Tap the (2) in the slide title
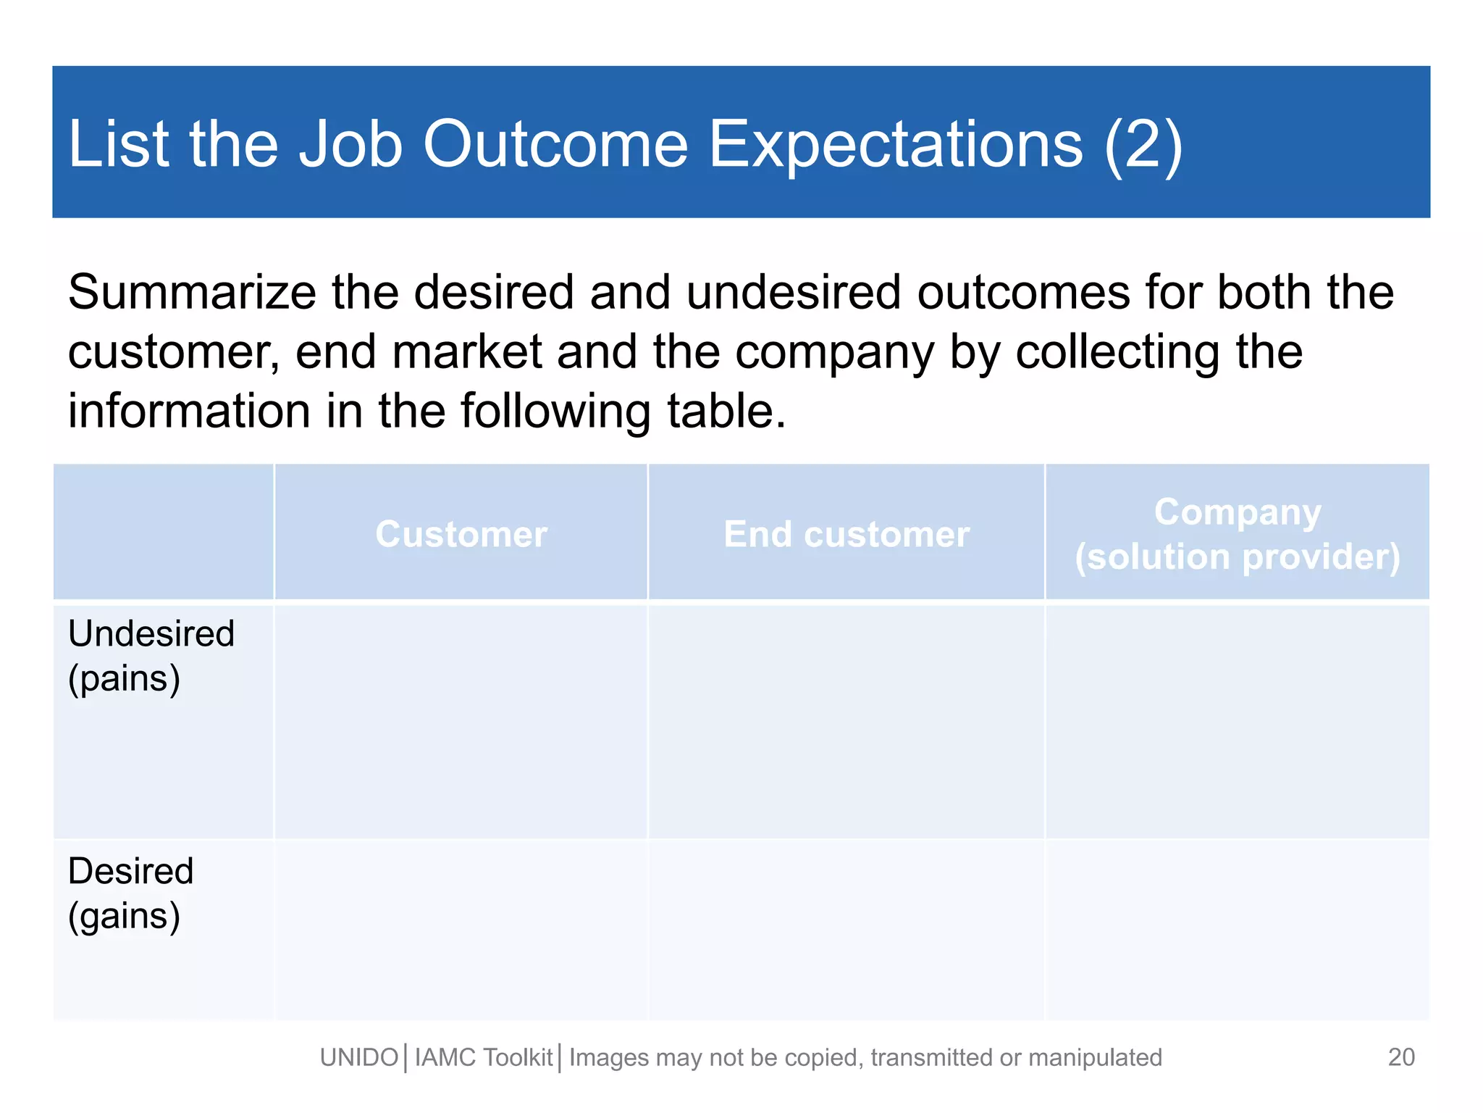[1143, 144]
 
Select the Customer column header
[461, 534]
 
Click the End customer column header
[846, 534]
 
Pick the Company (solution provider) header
[1237, 534]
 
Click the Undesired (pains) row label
[151, 656]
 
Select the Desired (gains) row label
[130, 893]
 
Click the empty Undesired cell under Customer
[461, 721]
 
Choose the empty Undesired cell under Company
[1237, 721]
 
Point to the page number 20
[1401, 1057]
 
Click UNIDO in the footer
[359, 1058]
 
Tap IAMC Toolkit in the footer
[484, 1058]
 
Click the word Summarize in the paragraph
[192, 293]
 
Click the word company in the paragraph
[834, 353]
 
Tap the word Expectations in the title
[895, 144]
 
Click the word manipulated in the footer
[1095, 1058]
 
